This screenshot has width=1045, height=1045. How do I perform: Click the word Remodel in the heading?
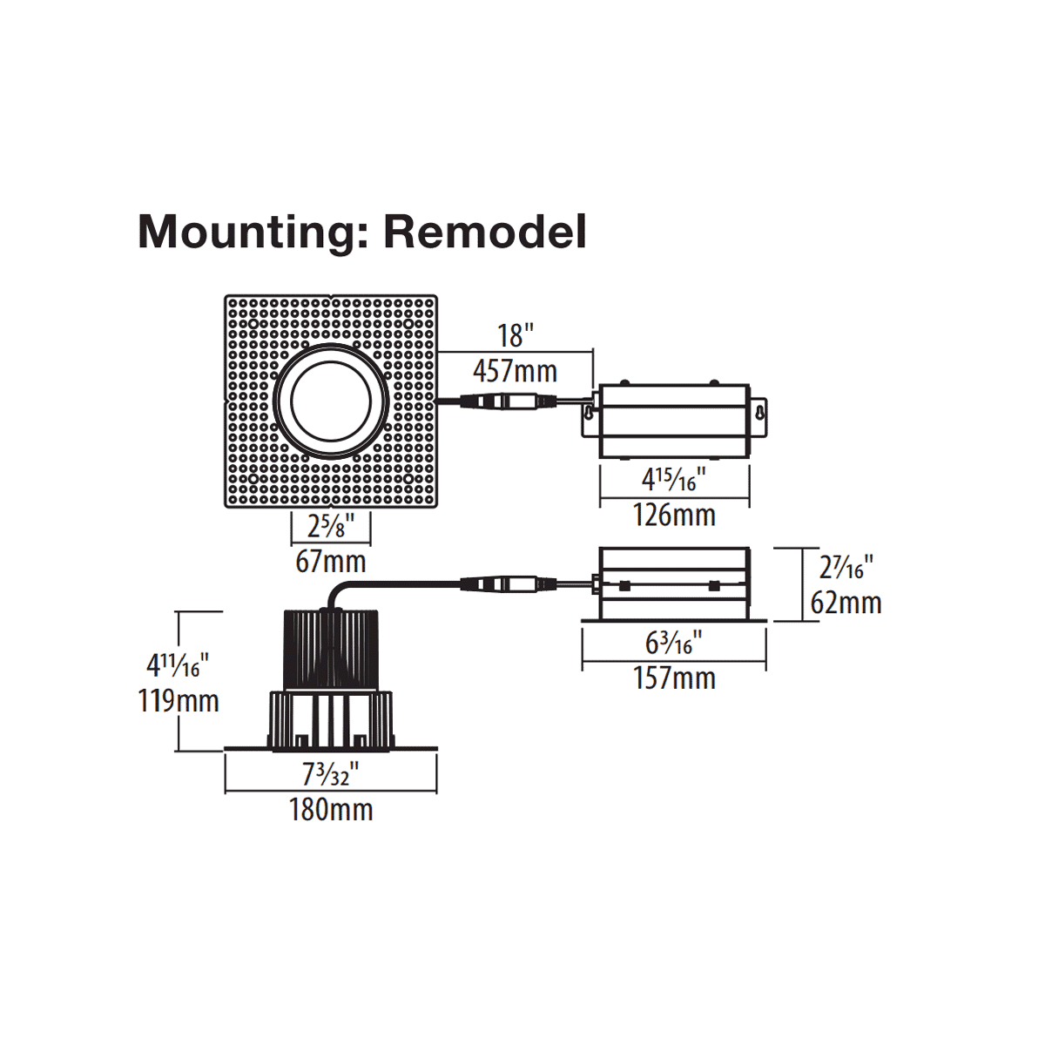484,232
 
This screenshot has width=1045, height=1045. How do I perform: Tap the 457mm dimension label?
515,371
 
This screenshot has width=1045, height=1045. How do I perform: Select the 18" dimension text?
515,335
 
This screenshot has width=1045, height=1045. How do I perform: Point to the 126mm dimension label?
674,515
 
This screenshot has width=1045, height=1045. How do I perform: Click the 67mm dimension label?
330,562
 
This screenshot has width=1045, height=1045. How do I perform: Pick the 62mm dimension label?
846,603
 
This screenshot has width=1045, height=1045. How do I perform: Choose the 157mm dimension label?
674,678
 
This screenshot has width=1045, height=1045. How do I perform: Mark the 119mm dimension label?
179,701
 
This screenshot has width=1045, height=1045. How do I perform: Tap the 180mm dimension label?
331,810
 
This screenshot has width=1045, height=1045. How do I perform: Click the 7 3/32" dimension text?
331,773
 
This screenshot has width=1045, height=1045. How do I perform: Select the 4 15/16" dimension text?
674,479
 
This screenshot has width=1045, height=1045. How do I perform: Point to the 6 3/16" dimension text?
674,643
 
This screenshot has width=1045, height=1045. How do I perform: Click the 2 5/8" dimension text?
330,526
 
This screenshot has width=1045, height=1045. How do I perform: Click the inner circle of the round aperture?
331,401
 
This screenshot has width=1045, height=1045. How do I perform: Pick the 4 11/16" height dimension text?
179,666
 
